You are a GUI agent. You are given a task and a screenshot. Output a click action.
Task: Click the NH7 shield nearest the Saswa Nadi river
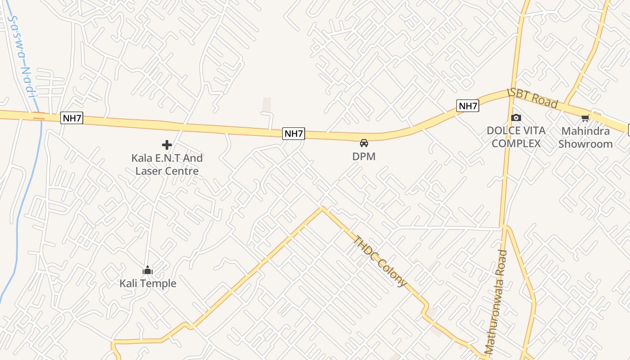(x=72, y=118)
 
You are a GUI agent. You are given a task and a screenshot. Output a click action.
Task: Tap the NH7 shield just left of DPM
(x=293, y=134)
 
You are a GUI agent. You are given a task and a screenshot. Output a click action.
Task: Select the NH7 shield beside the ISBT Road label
(x=468, y=106)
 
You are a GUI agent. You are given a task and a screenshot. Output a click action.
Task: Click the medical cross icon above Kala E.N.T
(x=167, y=145)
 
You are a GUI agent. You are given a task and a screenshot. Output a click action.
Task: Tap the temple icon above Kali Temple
(x=148, y=270)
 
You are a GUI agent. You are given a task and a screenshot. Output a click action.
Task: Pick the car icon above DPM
(x=364, y=143)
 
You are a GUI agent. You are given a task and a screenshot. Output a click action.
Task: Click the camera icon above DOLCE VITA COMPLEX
(x=516, y=118)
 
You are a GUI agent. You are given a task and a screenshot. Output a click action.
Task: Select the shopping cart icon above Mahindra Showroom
(x=585, y=118)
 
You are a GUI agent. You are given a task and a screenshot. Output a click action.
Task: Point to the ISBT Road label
(x=533, y=98)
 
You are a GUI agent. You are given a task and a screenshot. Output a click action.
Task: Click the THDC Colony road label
(x=380, y=261)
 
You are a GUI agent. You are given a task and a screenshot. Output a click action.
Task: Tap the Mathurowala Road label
(x=496, y=301)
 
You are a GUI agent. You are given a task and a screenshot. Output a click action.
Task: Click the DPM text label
(x=364, y=157)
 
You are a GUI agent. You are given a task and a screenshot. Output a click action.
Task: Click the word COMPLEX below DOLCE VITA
(x=516, y=144)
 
